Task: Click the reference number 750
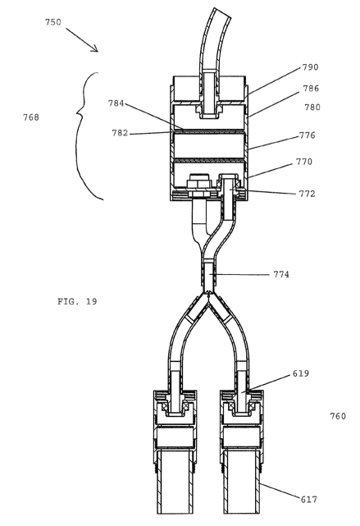point(53,22)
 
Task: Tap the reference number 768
point(31,117)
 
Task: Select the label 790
point(310,67)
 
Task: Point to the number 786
point(311,89)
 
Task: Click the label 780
point(312,107)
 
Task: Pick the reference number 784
point(116,103)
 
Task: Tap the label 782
point(120,133)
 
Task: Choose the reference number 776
point(307,135)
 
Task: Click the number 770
point(304,162)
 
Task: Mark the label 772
point(307,194)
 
